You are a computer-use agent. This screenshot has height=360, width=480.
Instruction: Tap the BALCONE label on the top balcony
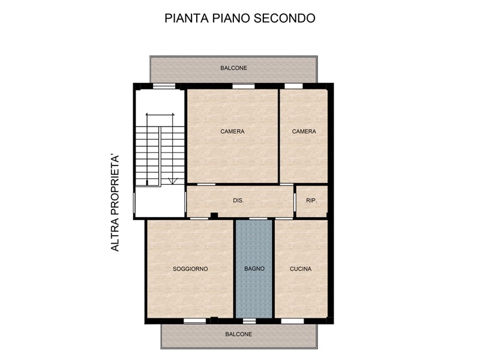(233, 68)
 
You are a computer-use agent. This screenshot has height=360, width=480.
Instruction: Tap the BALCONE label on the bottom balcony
(239, 334)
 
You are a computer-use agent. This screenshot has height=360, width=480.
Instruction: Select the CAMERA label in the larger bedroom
(232, 131)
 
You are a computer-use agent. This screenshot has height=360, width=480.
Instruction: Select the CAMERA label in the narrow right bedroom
(304, 131)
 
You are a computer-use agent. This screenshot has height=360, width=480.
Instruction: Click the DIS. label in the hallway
(238, 200)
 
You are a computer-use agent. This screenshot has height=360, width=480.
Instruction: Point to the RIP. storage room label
(311, 200)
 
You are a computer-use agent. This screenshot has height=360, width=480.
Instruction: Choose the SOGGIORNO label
(190, 269)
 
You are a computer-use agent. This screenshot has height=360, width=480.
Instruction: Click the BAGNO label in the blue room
(254, 269)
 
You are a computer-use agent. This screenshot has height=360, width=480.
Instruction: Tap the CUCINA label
(301, 269)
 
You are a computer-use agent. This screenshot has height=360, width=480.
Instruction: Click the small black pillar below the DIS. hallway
(213, 216)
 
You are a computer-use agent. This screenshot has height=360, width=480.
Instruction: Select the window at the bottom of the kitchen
(292, 321)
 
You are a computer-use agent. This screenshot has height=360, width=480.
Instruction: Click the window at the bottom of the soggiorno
(194, 321)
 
